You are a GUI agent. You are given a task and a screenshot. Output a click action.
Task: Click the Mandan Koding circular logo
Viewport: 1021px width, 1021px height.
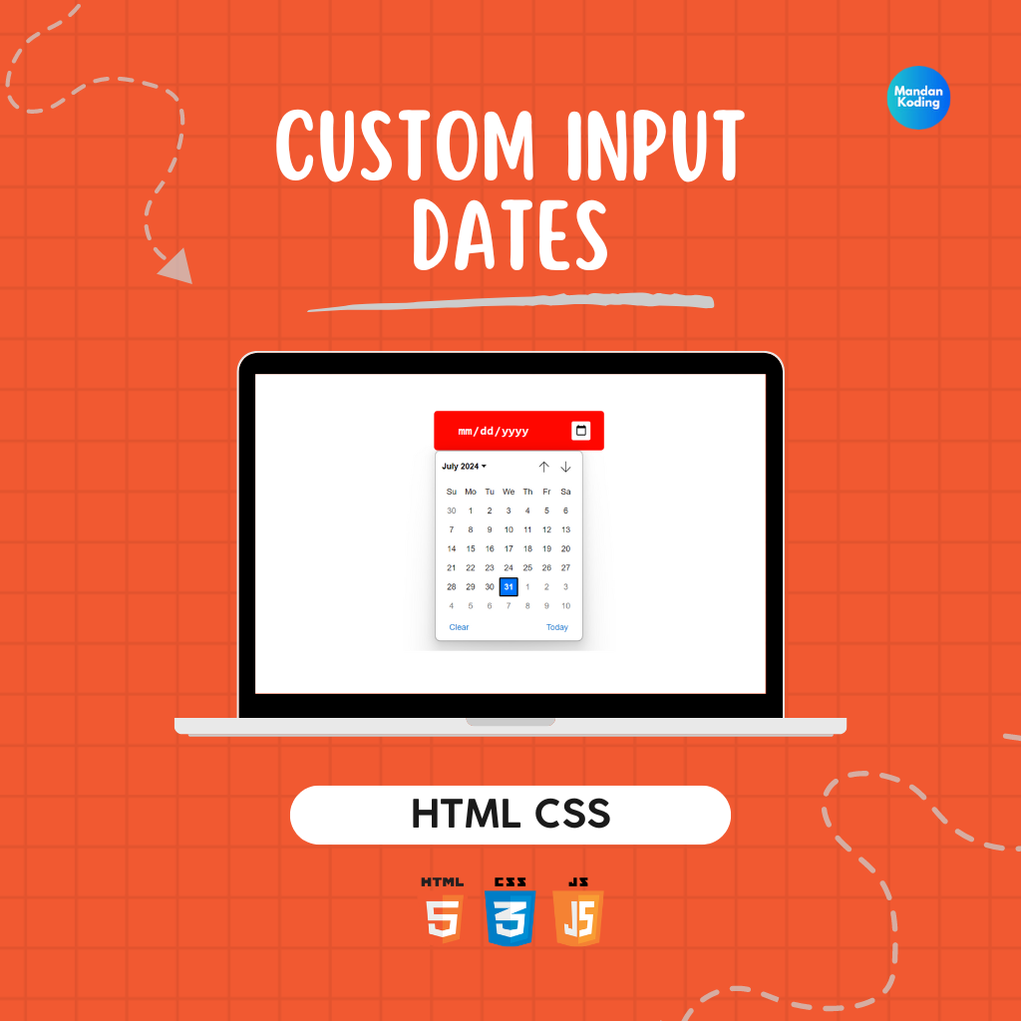[918, 98]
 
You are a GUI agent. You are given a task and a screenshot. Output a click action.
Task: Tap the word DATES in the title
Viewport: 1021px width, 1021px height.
[510, 235]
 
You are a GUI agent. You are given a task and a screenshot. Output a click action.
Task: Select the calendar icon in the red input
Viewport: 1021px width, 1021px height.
[581, 431]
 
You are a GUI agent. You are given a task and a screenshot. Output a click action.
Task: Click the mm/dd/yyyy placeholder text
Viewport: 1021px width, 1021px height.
[493, 431]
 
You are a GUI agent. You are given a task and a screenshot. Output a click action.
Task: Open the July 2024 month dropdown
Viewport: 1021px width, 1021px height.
[465, 467]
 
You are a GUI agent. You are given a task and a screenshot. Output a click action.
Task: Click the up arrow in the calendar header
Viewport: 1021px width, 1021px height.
[543, 467]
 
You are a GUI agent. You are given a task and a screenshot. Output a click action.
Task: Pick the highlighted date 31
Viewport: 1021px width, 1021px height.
[509, 586]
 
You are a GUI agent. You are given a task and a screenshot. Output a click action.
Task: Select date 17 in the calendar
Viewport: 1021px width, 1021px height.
[509, 549]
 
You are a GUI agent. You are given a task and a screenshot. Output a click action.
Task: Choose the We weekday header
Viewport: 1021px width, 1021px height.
[509, 492]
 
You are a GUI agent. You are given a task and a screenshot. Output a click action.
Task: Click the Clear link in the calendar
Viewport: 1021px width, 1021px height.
[459, 627]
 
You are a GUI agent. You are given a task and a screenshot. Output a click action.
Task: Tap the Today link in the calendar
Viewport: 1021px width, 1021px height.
[556, 627]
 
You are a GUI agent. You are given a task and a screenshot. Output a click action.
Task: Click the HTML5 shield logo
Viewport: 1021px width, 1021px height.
[442, 910]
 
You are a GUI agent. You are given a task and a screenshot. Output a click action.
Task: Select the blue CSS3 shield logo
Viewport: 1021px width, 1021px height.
[510, 911]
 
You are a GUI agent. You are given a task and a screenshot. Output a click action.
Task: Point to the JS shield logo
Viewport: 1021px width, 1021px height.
[578, 911]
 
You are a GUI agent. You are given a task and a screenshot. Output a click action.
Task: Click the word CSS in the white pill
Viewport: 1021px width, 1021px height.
[572, 814]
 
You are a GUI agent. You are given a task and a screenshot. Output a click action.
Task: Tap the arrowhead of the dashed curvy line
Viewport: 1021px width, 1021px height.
[177, 267]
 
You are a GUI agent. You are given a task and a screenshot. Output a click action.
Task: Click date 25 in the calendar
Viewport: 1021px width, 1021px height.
[527, 567]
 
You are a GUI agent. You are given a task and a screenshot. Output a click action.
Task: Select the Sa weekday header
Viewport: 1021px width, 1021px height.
[566, 492]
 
